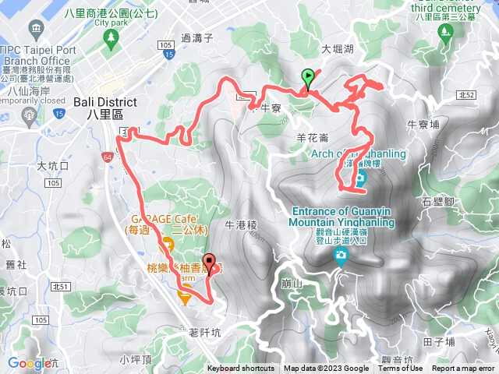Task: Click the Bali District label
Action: (104, 102)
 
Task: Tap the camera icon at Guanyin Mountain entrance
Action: (341, 256)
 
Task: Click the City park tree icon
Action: (112, 36)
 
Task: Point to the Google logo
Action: (28, 363)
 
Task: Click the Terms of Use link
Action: (400, 369)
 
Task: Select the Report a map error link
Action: (463, 369)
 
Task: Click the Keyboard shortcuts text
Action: (240, 369)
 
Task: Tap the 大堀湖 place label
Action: (337, 48)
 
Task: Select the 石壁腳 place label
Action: (459, 202)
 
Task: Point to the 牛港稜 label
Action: (240, 224)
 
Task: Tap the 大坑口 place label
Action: (53, 166)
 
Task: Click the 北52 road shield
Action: (467, 94)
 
